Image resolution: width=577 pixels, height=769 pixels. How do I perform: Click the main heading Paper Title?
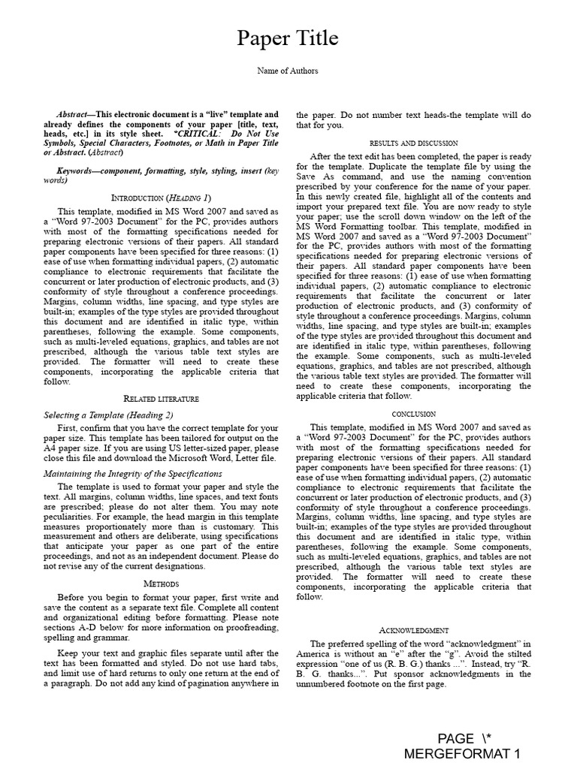click(x=288, y=38)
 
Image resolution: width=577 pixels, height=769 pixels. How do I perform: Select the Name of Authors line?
click(x=288, y=71)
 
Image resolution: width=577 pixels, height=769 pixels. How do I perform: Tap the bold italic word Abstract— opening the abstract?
click(x=77, y=115)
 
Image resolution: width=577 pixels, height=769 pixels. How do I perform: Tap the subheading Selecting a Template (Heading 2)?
click(x=108, y=415)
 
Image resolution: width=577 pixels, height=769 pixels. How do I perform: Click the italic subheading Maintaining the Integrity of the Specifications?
click(x=133, y=474)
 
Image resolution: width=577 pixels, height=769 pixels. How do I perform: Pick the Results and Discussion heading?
click(x=414, y=143)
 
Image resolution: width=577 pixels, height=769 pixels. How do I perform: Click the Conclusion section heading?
click(x=414, y=414)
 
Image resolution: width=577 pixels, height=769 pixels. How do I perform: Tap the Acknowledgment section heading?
click(x=414, y=630)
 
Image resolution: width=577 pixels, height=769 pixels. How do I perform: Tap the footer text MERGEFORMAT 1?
click(x=461, y=754)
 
